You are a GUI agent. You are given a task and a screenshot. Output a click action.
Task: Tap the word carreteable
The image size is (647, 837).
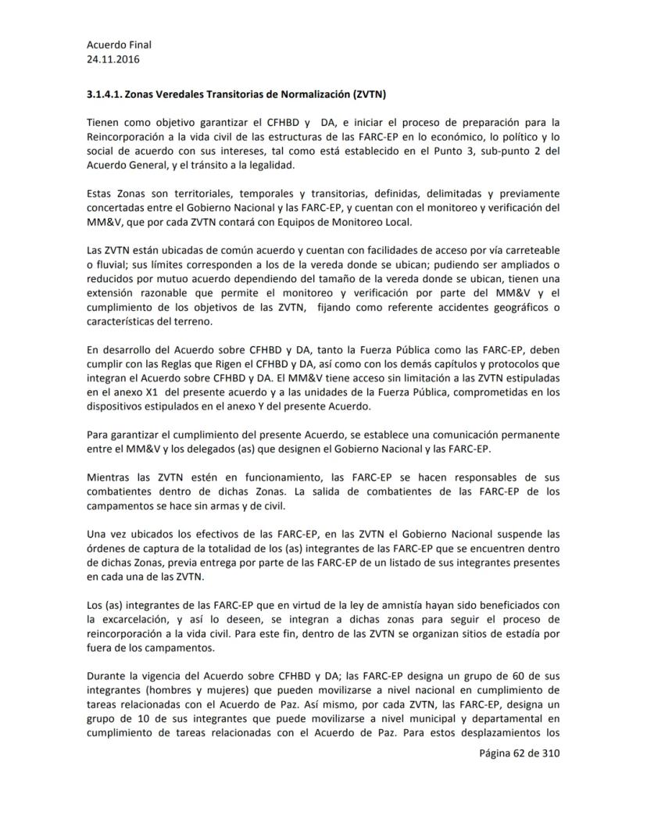click(x=531, y=250)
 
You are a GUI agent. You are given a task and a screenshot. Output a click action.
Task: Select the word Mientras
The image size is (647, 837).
click(x=110, y=477)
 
